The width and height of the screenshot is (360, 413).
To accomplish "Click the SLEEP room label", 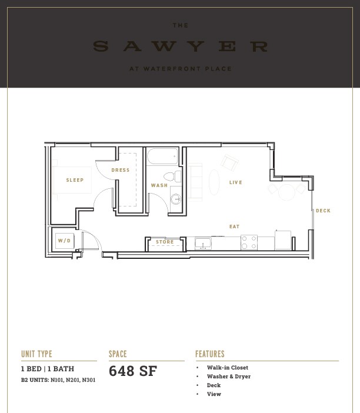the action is click(75, 180).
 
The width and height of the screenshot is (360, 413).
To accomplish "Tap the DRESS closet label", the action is click(121, 170).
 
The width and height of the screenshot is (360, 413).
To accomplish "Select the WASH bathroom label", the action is click(159, 185).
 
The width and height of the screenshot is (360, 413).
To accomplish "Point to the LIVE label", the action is click(235, 182).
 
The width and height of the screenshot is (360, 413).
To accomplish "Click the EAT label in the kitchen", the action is click(234, 227).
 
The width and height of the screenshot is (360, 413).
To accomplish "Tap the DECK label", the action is click(323, 211).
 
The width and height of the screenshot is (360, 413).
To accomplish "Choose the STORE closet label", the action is click(165, 242).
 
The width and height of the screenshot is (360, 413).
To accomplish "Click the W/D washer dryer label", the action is click(64, 241).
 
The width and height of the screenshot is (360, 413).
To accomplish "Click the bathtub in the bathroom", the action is click(162, 156).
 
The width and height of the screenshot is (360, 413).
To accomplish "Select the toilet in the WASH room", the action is click(172, 176).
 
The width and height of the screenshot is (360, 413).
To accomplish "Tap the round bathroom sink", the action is click(176, 199).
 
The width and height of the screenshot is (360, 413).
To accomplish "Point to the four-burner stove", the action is click(249, 242).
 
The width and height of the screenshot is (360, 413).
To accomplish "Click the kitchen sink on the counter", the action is click(203, 244).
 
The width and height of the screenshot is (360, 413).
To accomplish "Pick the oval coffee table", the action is click(214, 182).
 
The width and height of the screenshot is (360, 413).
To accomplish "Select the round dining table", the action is click(287, 192).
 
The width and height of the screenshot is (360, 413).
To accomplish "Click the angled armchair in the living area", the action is click(229, 163).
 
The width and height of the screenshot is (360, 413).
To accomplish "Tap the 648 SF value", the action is click(133, 371).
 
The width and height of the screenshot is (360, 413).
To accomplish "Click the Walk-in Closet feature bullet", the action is click(227, 368).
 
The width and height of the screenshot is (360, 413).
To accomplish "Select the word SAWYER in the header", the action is click(180, 46).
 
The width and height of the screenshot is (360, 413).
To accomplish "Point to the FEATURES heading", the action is click(210, 354).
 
